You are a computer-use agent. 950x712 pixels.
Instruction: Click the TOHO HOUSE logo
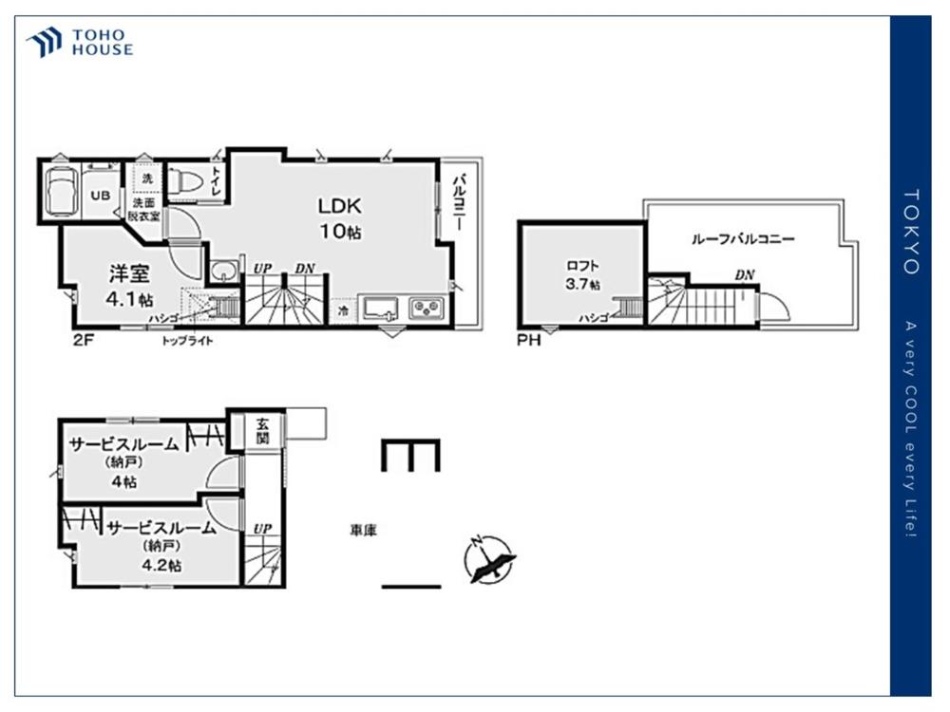point(80,43)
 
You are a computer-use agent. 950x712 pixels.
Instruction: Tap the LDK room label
point(340,206)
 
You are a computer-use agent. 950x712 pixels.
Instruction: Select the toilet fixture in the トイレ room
point(184,181)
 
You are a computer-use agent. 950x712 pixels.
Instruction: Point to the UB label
point(101,195)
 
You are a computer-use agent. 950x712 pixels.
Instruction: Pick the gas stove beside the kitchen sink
point(427,309)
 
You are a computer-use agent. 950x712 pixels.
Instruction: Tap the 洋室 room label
point(129,273)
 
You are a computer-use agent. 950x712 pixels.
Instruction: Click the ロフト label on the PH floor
point(582,266)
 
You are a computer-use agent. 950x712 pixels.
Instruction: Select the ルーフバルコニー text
point(743,239)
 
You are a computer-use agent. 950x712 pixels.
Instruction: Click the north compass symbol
point(488,560)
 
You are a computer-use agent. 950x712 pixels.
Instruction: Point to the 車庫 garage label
point(364,531)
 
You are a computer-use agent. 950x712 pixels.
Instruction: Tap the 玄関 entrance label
point(262,430)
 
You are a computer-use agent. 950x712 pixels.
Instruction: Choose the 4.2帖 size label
point(161,565)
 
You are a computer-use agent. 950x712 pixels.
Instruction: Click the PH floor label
point(528,340)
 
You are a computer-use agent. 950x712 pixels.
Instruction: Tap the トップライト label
point(187,341)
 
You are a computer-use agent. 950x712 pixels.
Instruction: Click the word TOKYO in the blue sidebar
point(911,232)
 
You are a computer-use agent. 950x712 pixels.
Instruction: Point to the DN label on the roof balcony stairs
point(745,275)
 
